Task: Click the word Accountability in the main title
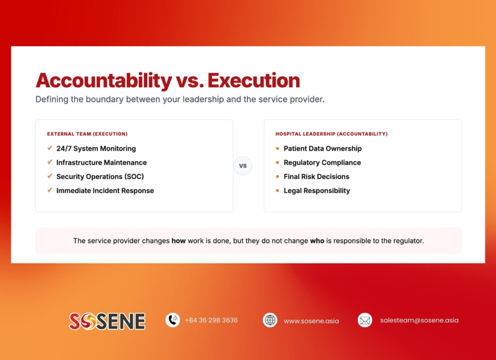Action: [x=104, y=80]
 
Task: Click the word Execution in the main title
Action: [x=253, y=80]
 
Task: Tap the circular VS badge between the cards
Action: [x=243, y=166]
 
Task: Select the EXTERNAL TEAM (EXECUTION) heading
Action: [x=87, y=134]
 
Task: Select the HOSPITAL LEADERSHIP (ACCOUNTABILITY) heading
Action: [x=331, y=134]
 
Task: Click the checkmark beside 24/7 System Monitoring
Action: [x=49, y=148]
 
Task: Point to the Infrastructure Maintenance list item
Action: [x=101, y=163]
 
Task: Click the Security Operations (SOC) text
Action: [x=100, y=177]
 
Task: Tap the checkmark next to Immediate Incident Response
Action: [x=49, y=190]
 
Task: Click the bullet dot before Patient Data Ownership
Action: [x=278, y=149]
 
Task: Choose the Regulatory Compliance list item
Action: [x=322, y=163]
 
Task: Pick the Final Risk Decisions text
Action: [x=316, y=177]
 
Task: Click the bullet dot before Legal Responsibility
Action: [x=278, y=191]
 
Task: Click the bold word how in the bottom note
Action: [x=178, y=241]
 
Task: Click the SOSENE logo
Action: [x=107, y=321]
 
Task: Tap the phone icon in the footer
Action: [x=172, y=320]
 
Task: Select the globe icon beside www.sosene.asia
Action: [x=270, y=320]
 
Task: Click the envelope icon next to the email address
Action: [x=365, y=320]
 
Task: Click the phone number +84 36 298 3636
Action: [x=211, y=320]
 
